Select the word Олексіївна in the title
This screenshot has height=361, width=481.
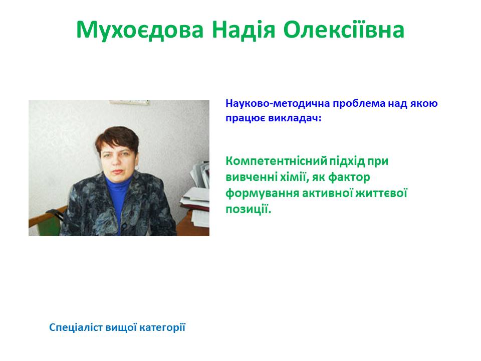pos(344,30)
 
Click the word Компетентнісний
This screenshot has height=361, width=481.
pos(276,162)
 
